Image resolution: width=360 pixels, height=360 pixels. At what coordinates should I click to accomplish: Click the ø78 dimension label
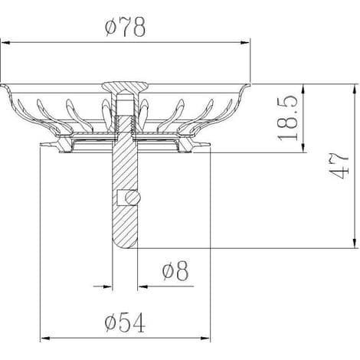tap(125, 27)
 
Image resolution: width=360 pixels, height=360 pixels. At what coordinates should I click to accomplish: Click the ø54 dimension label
tap(125, 323)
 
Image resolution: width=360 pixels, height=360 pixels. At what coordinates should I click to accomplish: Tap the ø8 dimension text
tap(175, 271)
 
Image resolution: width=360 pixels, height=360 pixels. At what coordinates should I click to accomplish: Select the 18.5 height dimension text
tap(288, 118)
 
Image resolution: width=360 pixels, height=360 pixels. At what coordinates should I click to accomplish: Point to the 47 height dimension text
tap(339, 166)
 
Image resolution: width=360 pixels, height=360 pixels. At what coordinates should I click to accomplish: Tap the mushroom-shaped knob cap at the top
tap(125, 87)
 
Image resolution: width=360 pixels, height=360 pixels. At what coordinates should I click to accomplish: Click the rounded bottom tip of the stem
tap(125, 243)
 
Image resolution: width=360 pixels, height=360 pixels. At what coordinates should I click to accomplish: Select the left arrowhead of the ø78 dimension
tap(5, 43)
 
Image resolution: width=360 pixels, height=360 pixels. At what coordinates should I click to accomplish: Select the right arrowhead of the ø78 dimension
tap(245, 43)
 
